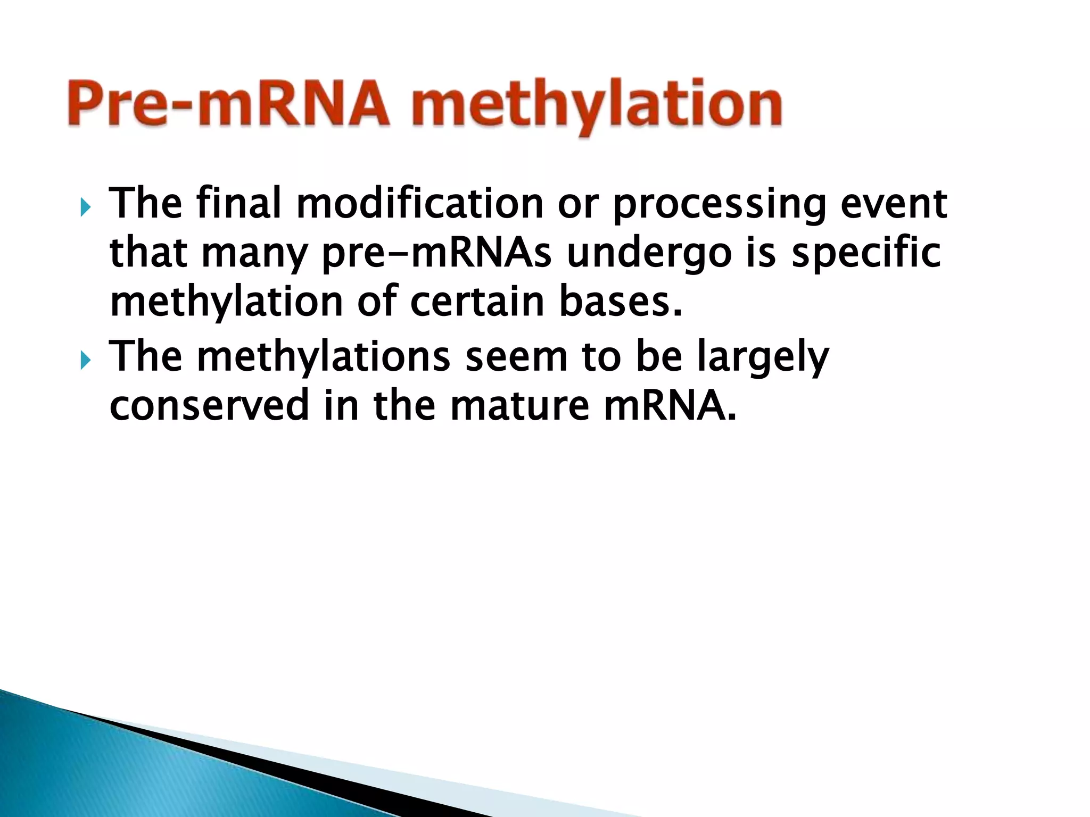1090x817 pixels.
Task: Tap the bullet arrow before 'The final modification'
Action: [85, 206]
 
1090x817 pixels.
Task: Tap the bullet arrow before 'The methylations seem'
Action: [85, 360]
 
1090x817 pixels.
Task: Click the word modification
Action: [420, 204]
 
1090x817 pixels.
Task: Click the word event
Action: [894, 205]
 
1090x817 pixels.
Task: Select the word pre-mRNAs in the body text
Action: [437, 254]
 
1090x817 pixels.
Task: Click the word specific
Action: [866, 254]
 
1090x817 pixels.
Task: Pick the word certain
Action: [477, 302]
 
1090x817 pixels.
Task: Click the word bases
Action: [620, 302]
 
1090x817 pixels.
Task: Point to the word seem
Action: [516, 357]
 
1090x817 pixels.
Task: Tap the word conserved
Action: [209, 405]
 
